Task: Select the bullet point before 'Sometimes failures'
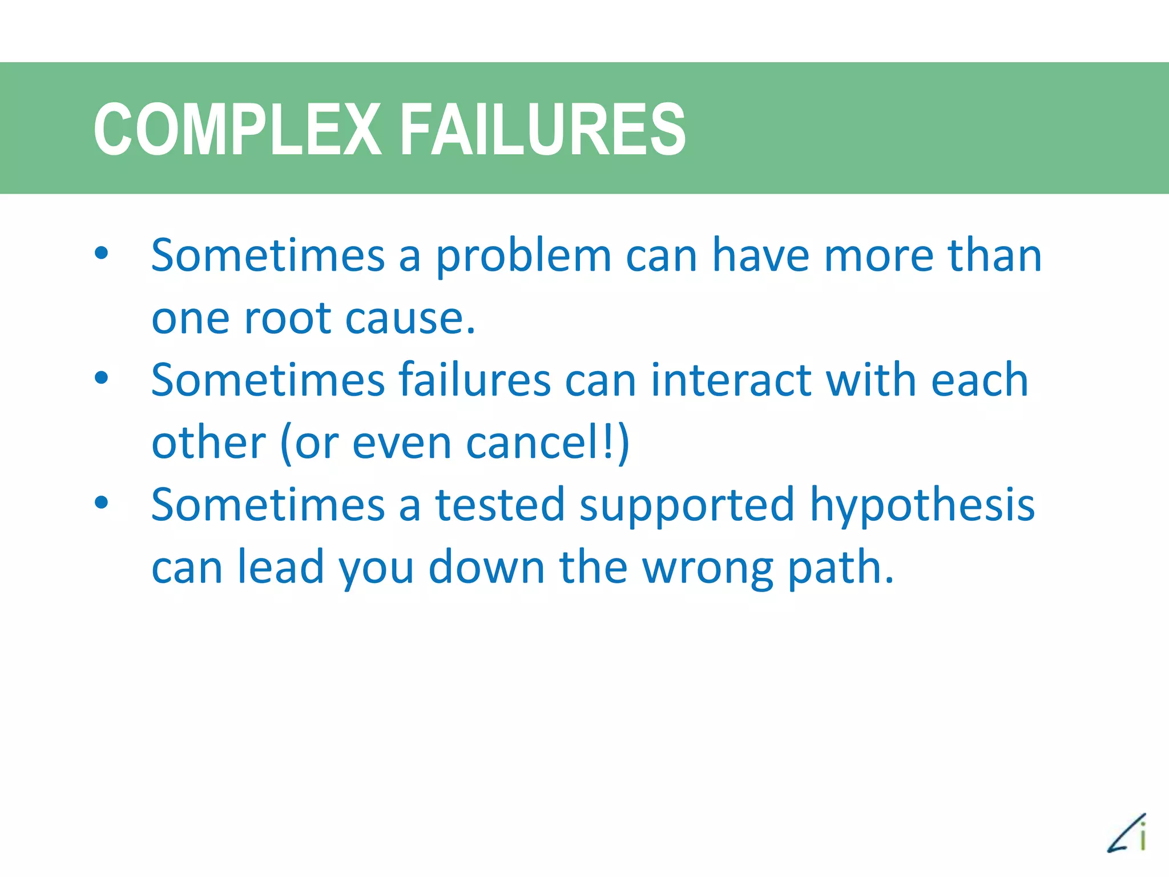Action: pyautogui.click(x=101, y=378)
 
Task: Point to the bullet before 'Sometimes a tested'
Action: pyautogui.click(x=101, y=502)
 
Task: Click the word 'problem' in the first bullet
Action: pyautogui.click(x=523, y=257)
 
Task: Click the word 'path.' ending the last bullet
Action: pyautogui.click(x=840, y=569)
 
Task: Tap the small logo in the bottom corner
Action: pyautogui.click(x=1127, y=834)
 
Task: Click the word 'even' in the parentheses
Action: pyautogui.click(x=402, y=444)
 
